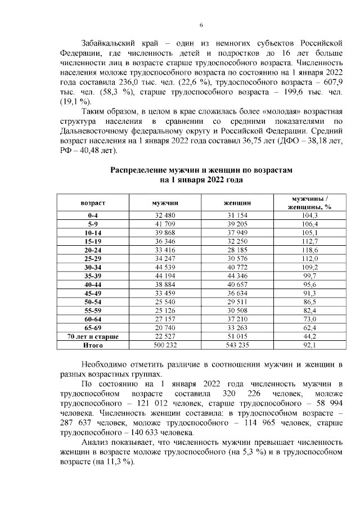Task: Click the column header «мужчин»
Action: pos(165,202)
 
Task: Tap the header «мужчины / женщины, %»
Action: pos(309,202)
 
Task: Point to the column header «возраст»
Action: pos(93,202)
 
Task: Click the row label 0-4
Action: pos(93,215)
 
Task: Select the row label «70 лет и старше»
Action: pos(93,336)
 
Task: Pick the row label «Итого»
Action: pos(93,345)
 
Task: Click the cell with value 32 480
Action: pos(165,215)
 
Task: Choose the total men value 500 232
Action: pos(165,345)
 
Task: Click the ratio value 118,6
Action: pos(309,250)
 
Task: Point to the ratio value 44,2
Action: pos(309,336)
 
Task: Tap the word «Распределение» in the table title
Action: pos(137,169)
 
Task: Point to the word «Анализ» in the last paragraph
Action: pos(94,443)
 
